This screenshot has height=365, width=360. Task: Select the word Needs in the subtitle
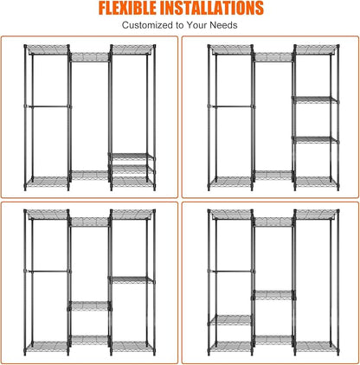coord(223,25)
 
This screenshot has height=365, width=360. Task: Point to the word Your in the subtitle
coord(196,25)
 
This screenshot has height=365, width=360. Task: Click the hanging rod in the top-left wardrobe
coord(48,106)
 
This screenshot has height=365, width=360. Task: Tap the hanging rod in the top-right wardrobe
coord(232,106)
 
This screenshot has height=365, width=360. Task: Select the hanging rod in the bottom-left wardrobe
coord(48,271)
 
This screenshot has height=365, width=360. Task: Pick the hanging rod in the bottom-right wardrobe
coord(232,271)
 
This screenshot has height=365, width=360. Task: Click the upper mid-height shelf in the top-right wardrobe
coord(315,100)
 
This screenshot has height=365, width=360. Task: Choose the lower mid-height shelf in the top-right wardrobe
coord(315,140)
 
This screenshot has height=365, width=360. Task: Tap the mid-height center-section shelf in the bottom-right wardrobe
coord(273,295)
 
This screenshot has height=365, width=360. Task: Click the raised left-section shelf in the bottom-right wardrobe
coord(231,320)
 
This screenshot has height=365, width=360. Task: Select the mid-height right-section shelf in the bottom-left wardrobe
coord(132,279)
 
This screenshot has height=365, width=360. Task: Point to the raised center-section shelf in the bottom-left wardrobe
coord(90,306)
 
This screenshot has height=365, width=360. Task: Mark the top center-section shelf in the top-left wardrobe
coord(90,57)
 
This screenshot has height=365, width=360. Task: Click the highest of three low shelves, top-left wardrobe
coord(132,157)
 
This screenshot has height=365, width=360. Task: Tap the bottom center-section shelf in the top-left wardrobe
coord(90,176)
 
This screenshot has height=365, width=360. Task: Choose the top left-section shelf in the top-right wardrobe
coord(231,49)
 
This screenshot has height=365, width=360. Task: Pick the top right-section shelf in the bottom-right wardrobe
coord(316,215)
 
